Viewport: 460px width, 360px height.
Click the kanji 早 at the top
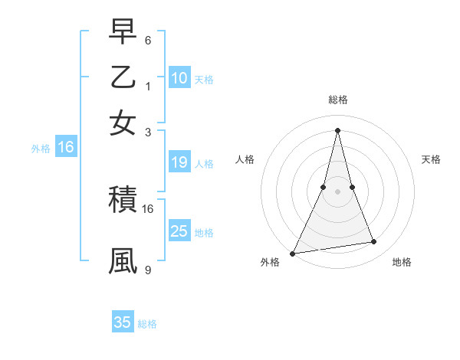[123, 33]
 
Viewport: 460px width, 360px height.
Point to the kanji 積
[123, 201]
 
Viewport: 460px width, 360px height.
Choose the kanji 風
[123, 260]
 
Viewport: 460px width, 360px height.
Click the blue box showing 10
[179, 78]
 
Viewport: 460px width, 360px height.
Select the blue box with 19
[179, 162]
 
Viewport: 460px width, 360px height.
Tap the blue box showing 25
[179, 231]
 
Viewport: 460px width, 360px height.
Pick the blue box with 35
[123, 322]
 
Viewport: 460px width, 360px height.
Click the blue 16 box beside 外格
[66, 148]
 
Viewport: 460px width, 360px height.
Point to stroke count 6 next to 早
[148, 40]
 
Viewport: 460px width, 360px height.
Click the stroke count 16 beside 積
[148, 208]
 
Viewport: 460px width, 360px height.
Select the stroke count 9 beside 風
[148, 270]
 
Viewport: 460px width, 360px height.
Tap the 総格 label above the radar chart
[337, 100]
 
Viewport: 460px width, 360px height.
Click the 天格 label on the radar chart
[431, 159]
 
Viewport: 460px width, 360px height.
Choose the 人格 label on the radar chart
[245, 159]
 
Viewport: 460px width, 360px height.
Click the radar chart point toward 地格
[374, 242]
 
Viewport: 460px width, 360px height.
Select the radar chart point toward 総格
[337, 129]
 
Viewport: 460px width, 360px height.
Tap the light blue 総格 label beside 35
[147, 323]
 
